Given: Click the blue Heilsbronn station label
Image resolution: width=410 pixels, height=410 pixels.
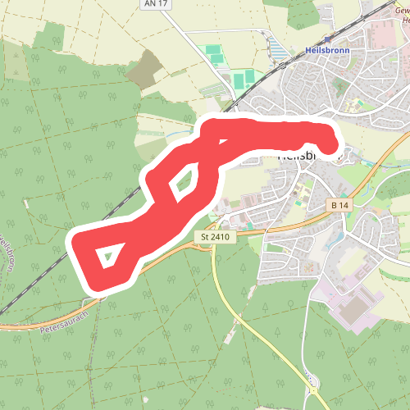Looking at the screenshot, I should pyautogui.click(x=328, y=50).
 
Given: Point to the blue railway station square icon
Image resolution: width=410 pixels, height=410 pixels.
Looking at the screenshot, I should pyautogui.click(x=328, y=39).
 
